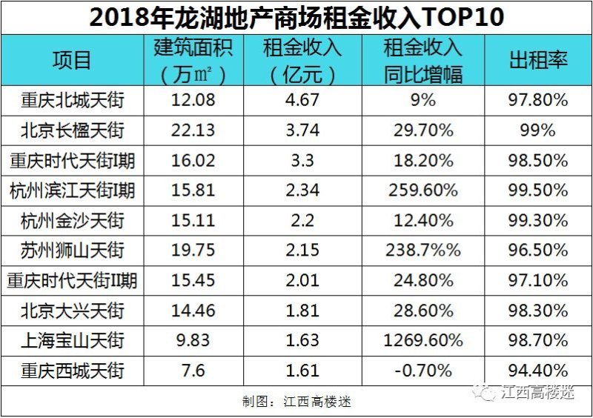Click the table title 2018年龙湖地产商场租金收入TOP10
[296, 17]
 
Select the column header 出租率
[538, 60]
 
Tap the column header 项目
[72, 60]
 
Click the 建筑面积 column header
[193, 60]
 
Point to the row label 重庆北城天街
[72, 100]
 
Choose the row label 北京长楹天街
[72, 130]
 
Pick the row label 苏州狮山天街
[72, 251]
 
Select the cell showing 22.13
[193, 130]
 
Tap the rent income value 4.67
[302, 100]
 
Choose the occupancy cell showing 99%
[538, 130]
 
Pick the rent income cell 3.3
[302, 160]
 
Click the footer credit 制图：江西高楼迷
[296, 402]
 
